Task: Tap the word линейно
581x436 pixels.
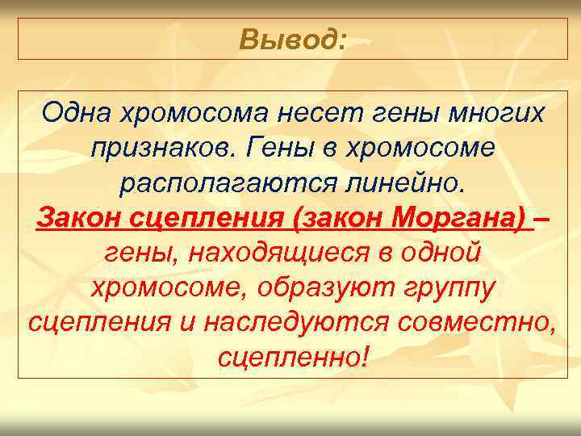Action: tap(411, 183)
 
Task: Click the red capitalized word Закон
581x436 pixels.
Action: tap(77, 218)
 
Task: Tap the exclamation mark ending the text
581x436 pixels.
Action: tap(366, 358)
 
